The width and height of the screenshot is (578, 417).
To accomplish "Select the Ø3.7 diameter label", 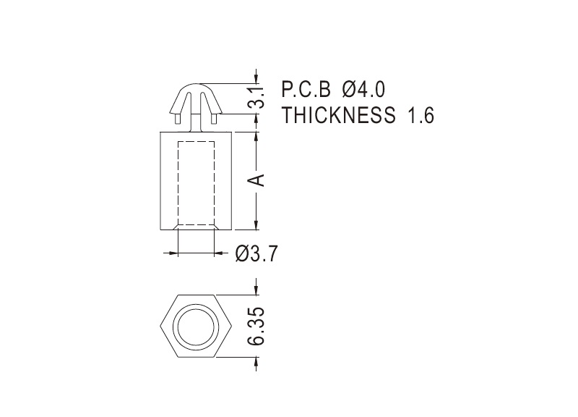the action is [x=256, y=253].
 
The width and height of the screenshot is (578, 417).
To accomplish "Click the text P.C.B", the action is [x=306, y=89].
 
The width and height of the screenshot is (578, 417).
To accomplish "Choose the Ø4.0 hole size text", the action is [x=363, y=89].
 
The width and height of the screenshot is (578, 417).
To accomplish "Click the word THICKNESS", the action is [x=338, y=115].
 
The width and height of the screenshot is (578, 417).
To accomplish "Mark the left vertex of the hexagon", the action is [x=160, y=326].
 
